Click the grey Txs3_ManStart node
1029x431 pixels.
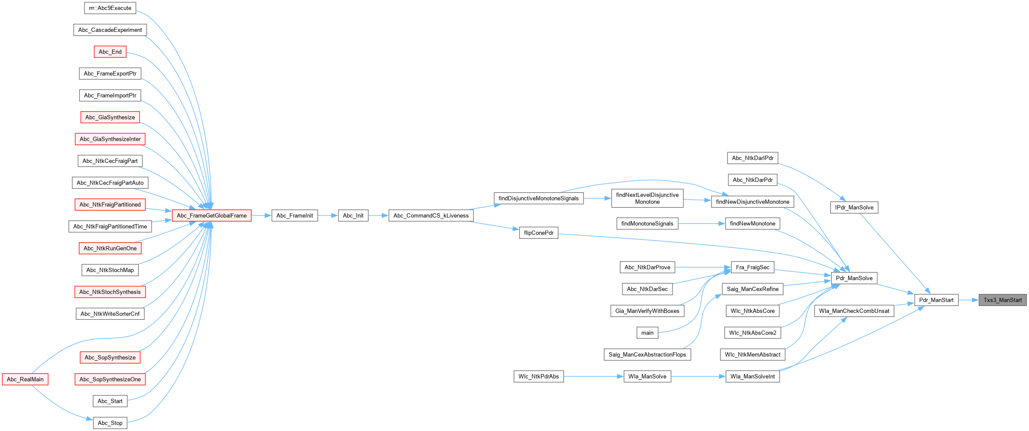pos(1002,300)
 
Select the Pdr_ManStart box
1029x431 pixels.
pos(936,300)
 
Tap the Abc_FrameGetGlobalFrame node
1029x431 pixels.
pos(211,215)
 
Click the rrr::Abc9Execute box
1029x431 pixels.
pos(110,8)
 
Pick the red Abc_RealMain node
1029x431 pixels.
pos(25,379)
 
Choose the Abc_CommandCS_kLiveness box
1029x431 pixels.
pos(431,215)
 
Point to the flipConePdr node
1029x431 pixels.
pos(538,233)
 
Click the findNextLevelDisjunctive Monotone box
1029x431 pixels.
pos(647,198)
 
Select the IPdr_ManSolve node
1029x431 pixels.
pos(854,207)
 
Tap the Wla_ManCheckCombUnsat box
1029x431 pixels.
pos(854,311)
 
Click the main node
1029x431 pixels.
pos(647,333)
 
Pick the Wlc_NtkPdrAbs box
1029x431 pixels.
pos(538,376)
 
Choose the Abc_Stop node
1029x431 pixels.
pos(110,423)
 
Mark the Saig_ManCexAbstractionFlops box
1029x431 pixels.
pos(647,354)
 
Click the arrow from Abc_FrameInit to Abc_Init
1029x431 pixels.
pos(328,215)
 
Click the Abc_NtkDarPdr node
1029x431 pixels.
pos(752,180)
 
